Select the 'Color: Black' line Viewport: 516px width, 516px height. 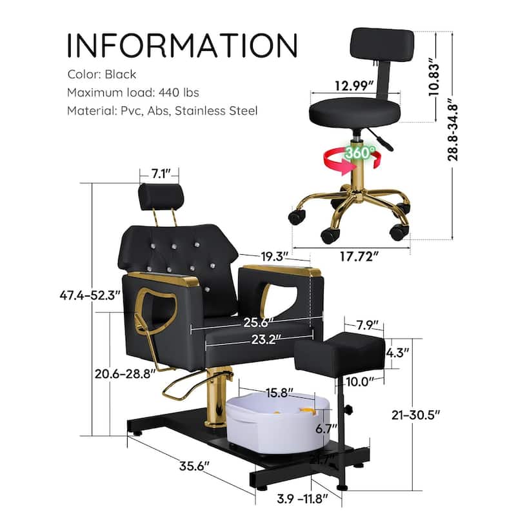[102, 74]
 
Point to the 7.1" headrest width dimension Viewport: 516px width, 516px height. [159, 174]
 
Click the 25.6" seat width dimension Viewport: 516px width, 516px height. [255, 321]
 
